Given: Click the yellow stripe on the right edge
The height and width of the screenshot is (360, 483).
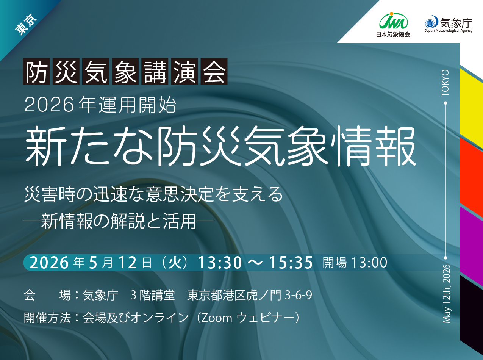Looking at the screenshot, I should [x=471, y=108].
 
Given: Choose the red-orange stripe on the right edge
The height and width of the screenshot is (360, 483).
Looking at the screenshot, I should [x=471, y=174].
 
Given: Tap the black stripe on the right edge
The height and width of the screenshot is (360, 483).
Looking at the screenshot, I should [x=471, y=311].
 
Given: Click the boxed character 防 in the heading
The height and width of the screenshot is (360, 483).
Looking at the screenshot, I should [x=37, y=71].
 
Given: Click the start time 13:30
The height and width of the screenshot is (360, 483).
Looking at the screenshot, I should [x=219, y=263].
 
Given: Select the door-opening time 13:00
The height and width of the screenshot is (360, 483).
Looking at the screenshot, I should [x=369, y=263].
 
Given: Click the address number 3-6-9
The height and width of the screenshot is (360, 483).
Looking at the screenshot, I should [x=298, y=295].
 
